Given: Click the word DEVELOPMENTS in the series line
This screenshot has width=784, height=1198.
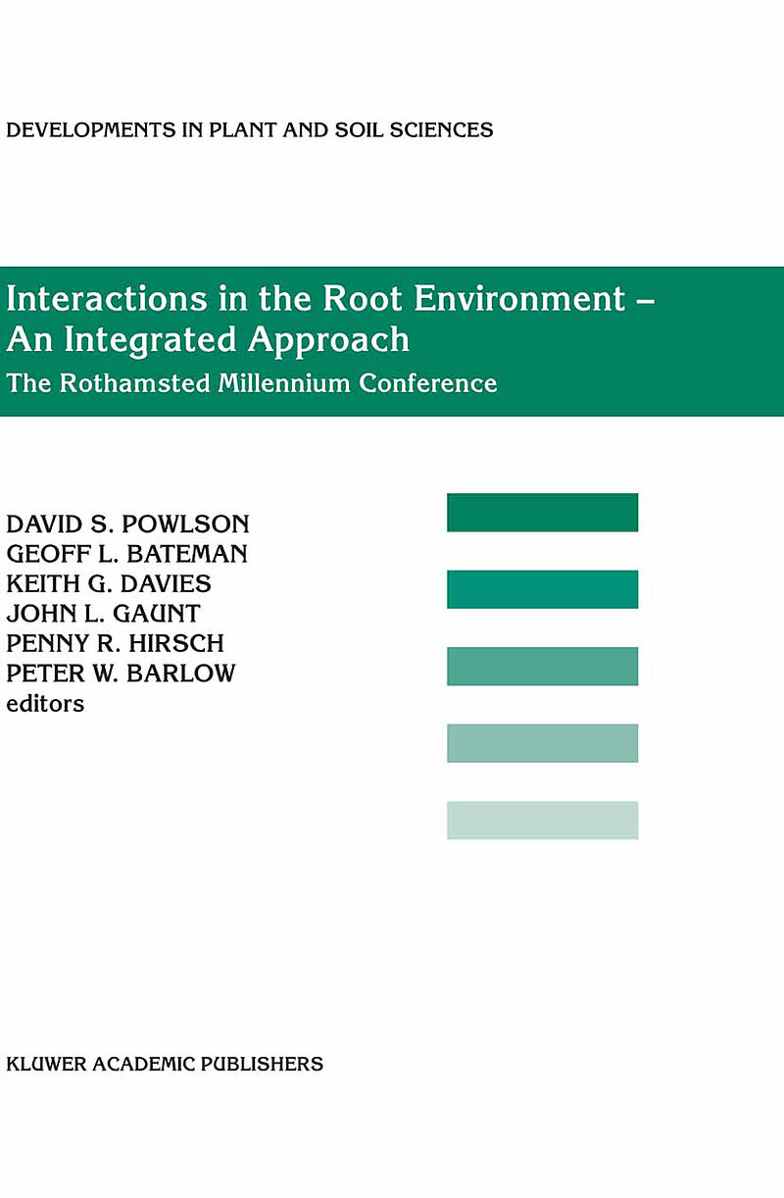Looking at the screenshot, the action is [91, 130].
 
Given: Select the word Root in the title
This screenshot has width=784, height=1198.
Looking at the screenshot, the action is [363, 298].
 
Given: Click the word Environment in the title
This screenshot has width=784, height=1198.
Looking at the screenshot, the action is [519, 298].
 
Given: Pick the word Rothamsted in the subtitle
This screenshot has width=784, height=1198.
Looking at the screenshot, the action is [135, 383].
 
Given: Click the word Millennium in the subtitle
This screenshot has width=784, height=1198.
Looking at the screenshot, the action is [284, 383].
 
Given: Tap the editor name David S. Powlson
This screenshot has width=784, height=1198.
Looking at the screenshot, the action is [127, 524].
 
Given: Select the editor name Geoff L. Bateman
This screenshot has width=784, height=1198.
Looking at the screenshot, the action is [126, 554].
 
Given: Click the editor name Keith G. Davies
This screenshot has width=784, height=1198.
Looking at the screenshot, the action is [109, 584].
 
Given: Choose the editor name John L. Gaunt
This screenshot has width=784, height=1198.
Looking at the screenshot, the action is [103, 614].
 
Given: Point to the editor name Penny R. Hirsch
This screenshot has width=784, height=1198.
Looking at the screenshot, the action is [115, 643].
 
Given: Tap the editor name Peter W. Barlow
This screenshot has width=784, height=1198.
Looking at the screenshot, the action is [121, 674].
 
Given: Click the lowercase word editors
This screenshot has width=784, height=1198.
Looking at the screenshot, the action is [45, 704].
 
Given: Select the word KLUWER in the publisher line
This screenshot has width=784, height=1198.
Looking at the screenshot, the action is [46, 1065].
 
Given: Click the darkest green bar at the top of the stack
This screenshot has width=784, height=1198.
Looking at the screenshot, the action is [542, 513].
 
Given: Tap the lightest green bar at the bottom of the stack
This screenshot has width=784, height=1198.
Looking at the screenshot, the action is [542, 821].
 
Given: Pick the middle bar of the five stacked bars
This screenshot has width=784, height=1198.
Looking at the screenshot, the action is [542, 667].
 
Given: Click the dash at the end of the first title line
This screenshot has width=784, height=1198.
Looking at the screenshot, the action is [646, 302].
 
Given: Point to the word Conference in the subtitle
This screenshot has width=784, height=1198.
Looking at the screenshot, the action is [428, 383].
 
